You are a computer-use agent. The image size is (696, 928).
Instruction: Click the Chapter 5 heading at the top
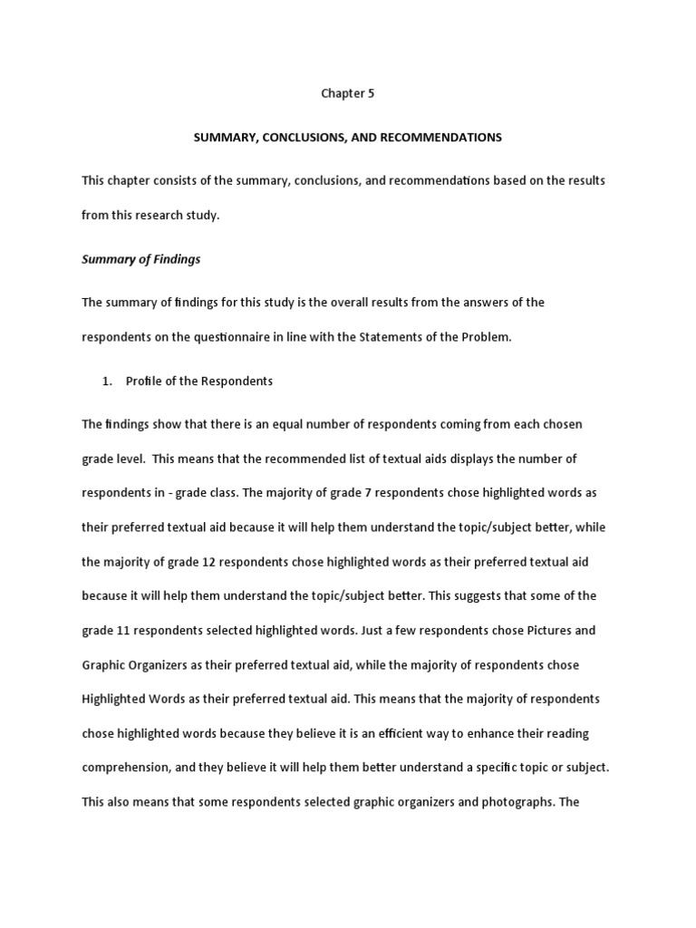348,92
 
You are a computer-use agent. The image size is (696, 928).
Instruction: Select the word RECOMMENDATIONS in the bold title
438,137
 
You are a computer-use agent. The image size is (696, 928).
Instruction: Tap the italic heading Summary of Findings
141,259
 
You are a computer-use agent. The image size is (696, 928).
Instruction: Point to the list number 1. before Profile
107,382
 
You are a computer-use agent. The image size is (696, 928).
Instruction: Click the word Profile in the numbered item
142,382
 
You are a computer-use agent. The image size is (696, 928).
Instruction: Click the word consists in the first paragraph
172,180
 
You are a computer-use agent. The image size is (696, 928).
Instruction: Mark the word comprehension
127,768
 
